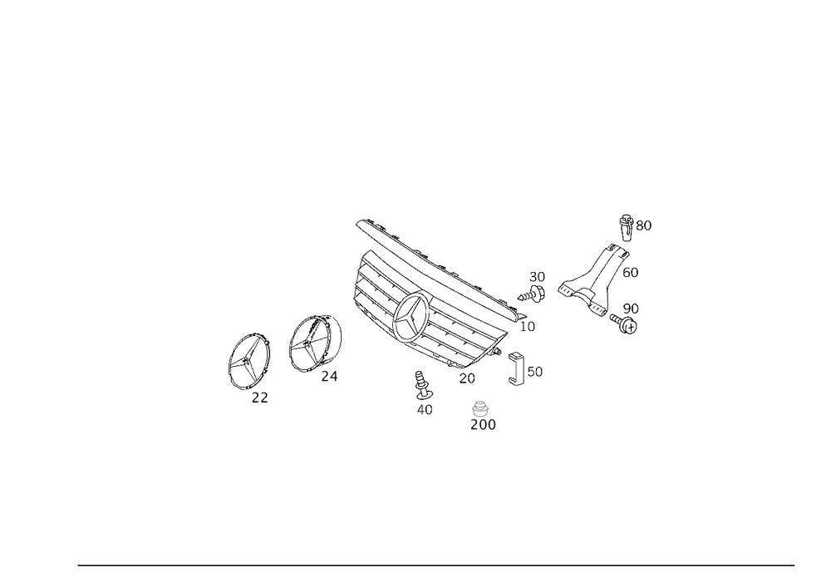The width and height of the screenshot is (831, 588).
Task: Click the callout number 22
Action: click(259, 399)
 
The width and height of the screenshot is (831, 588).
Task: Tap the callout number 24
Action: click(329, 377)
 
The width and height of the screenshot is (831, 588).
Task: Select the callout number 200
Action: click(483, 425)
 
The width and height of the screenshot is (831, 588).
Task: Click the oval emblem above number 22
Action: click(250, 355)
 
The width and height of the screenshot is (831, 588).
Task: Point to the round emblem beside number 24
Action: click(314, 343)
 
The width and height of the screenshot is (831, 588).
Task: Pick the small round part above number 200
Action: click(479, 408)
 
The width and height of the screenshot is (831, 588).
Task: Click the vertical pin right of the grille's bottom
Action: click(518, 369)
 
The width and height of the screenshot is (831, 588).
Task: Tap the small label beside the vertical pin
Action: click(534, 372)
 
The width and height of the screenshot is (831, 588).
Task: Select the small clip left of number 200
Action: click(422, 386)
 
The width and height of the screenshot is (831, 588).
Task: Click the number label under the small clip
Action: click(427, 409)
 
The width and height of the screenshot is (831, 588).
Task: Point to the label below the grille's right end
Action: click(526, 326)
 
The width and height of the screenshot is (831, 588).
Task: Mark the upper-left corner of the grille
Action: click(362, 223)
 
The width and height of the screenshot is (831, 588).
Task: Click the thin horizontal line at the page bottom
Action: click(436, 563)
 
